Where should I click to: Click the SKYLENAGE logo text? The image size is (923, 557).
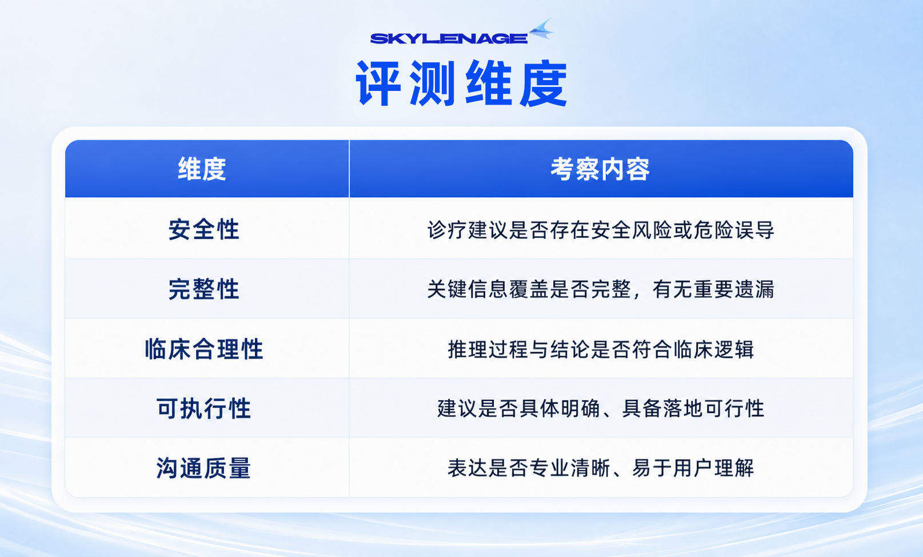tap(449, 38)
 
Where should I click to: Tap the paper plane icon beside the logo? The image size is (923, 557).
tap(541, 29)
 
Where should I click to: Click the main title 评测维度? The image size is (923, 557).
tap(462, 83)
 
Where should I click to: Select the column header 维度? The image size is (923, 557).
tap(202, 169)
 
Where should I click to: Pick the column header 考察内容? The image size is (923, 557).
tap(600, 169)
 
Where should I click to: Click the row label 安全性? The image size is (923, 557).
tap(203, 230)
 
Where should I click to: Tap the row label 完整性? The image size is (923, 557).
tap(203, 289)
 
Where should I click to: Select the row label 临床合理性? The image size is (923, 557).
tap(204, 349)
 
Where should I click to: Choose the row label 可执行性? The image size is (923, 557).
tap(203, 408)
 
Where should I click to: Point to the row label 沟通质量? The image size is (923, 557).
tap(203, 468)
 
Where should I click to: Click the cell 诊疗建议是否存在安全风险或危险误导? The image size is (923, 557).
tap(600, 230)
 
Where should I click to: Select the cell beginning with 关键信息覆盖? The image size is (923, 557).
tap(600, 289)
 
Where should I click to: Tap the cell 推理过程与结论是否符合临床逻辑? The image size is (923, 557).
tap(601, 349)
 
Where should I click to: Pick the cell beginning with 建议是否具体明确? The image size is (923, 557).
tap(601, 409)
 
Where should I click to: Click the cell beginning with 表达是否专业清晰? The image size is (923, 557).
tap(601, 468)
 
